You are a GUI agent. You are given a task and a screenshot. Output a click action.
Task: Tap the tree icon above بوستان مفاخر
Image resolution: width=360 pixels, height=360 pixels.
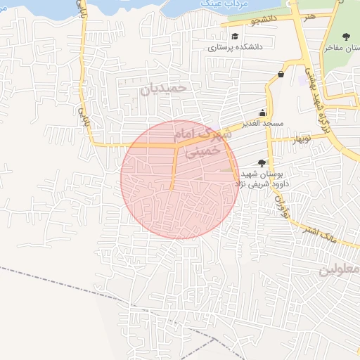(x=345, y=37)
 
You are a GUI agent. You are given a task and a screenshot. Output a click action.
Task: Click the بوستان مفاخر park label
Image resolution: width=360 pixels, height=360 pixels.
(x=340, y=49)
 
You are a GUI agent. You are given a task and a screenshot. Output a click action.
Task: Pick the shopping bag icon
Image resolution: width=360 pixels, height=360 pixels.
(x=281, y=74)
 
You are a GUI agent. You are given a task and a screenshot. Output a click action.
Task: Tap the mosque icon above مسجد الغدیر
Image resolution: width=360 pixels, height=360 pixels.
(x=263, y=112)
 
